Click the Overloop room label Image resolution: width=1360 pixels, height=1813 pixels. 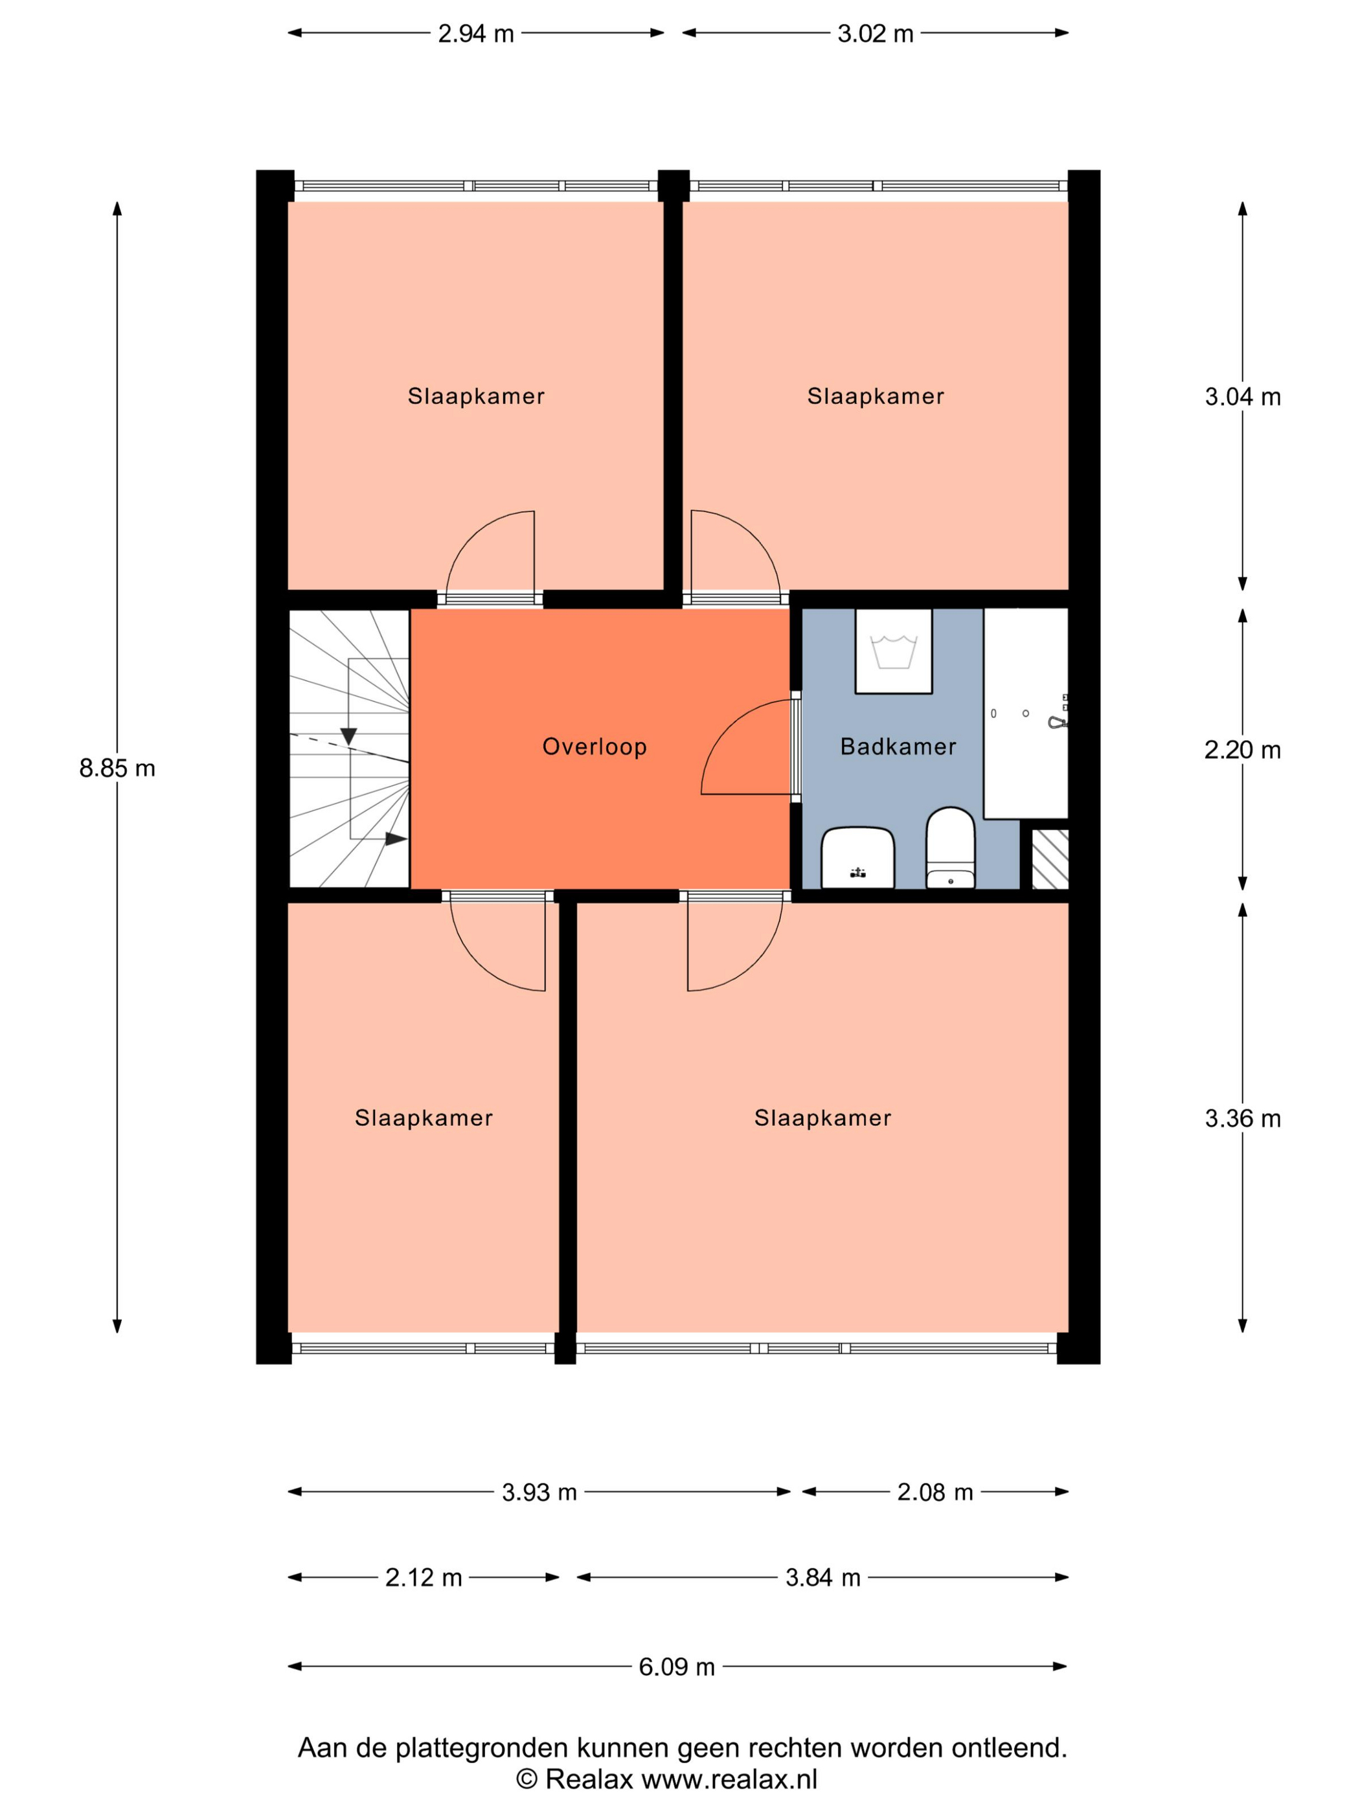click(595, 747)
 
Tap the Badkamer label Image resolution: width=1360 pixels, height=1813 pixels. click(898, 747)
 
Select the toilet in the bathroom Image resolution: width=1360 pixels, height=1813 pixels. click(950, 848)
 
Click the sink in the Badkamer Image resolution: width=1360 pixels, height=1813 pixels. click(857, 857)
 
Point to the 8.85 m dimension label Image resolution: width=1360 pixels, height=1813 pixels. click(117, 768)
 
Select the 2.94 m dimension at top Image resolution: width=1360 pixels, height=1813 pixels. click(475, 34)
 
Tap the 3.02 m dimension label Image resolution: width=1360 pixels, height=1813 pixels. click(875, 34)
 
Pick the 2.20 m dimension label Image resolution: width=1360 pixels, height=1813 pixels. click(1242, 750)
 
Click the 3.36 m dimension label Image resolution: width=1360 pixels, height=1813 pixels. click(1242, 1119)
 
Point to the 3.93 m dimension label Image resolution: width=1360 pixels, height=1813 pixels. click(539, 1492)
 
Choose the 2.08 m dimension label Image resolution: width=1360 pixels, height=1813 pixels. click(935, 1492)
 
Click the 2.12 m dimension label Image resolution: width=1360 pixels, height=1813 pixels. click(424, 1578)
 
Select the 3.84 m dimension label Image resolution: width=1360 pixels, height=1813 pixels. click(823, 1578)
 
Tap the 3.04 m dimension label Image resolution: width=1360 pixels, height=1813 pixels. click(1242, 397)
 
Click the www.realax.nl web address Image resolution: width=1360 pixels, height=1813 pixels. click(729, 1779)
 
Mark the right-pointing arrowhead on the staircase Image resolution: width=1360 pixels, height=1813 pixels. click(396, 839)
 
